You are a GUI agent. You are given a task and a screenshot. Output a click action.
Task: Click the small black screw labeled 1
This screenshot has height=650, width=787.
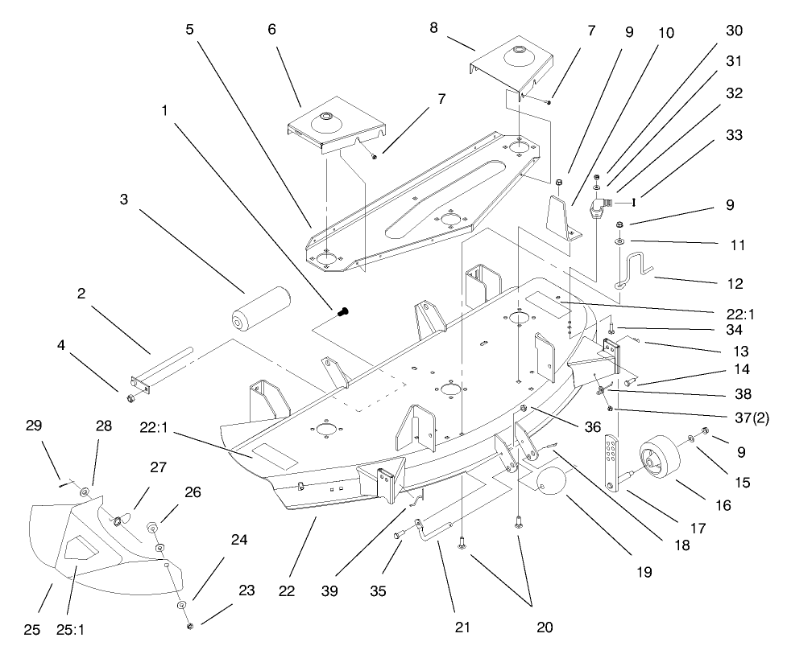click(343, 309)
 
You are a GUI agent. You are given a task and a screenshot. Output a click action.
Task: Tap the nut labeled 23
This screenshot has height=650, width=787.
click(188, 625)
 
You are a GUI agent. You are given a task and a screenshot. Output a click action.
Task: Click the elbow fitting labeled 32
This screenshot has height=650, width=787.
click(598, 206)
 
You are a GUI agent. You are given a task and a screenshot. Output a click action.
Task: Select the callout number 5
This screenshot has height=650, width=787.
click(189, 29)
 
